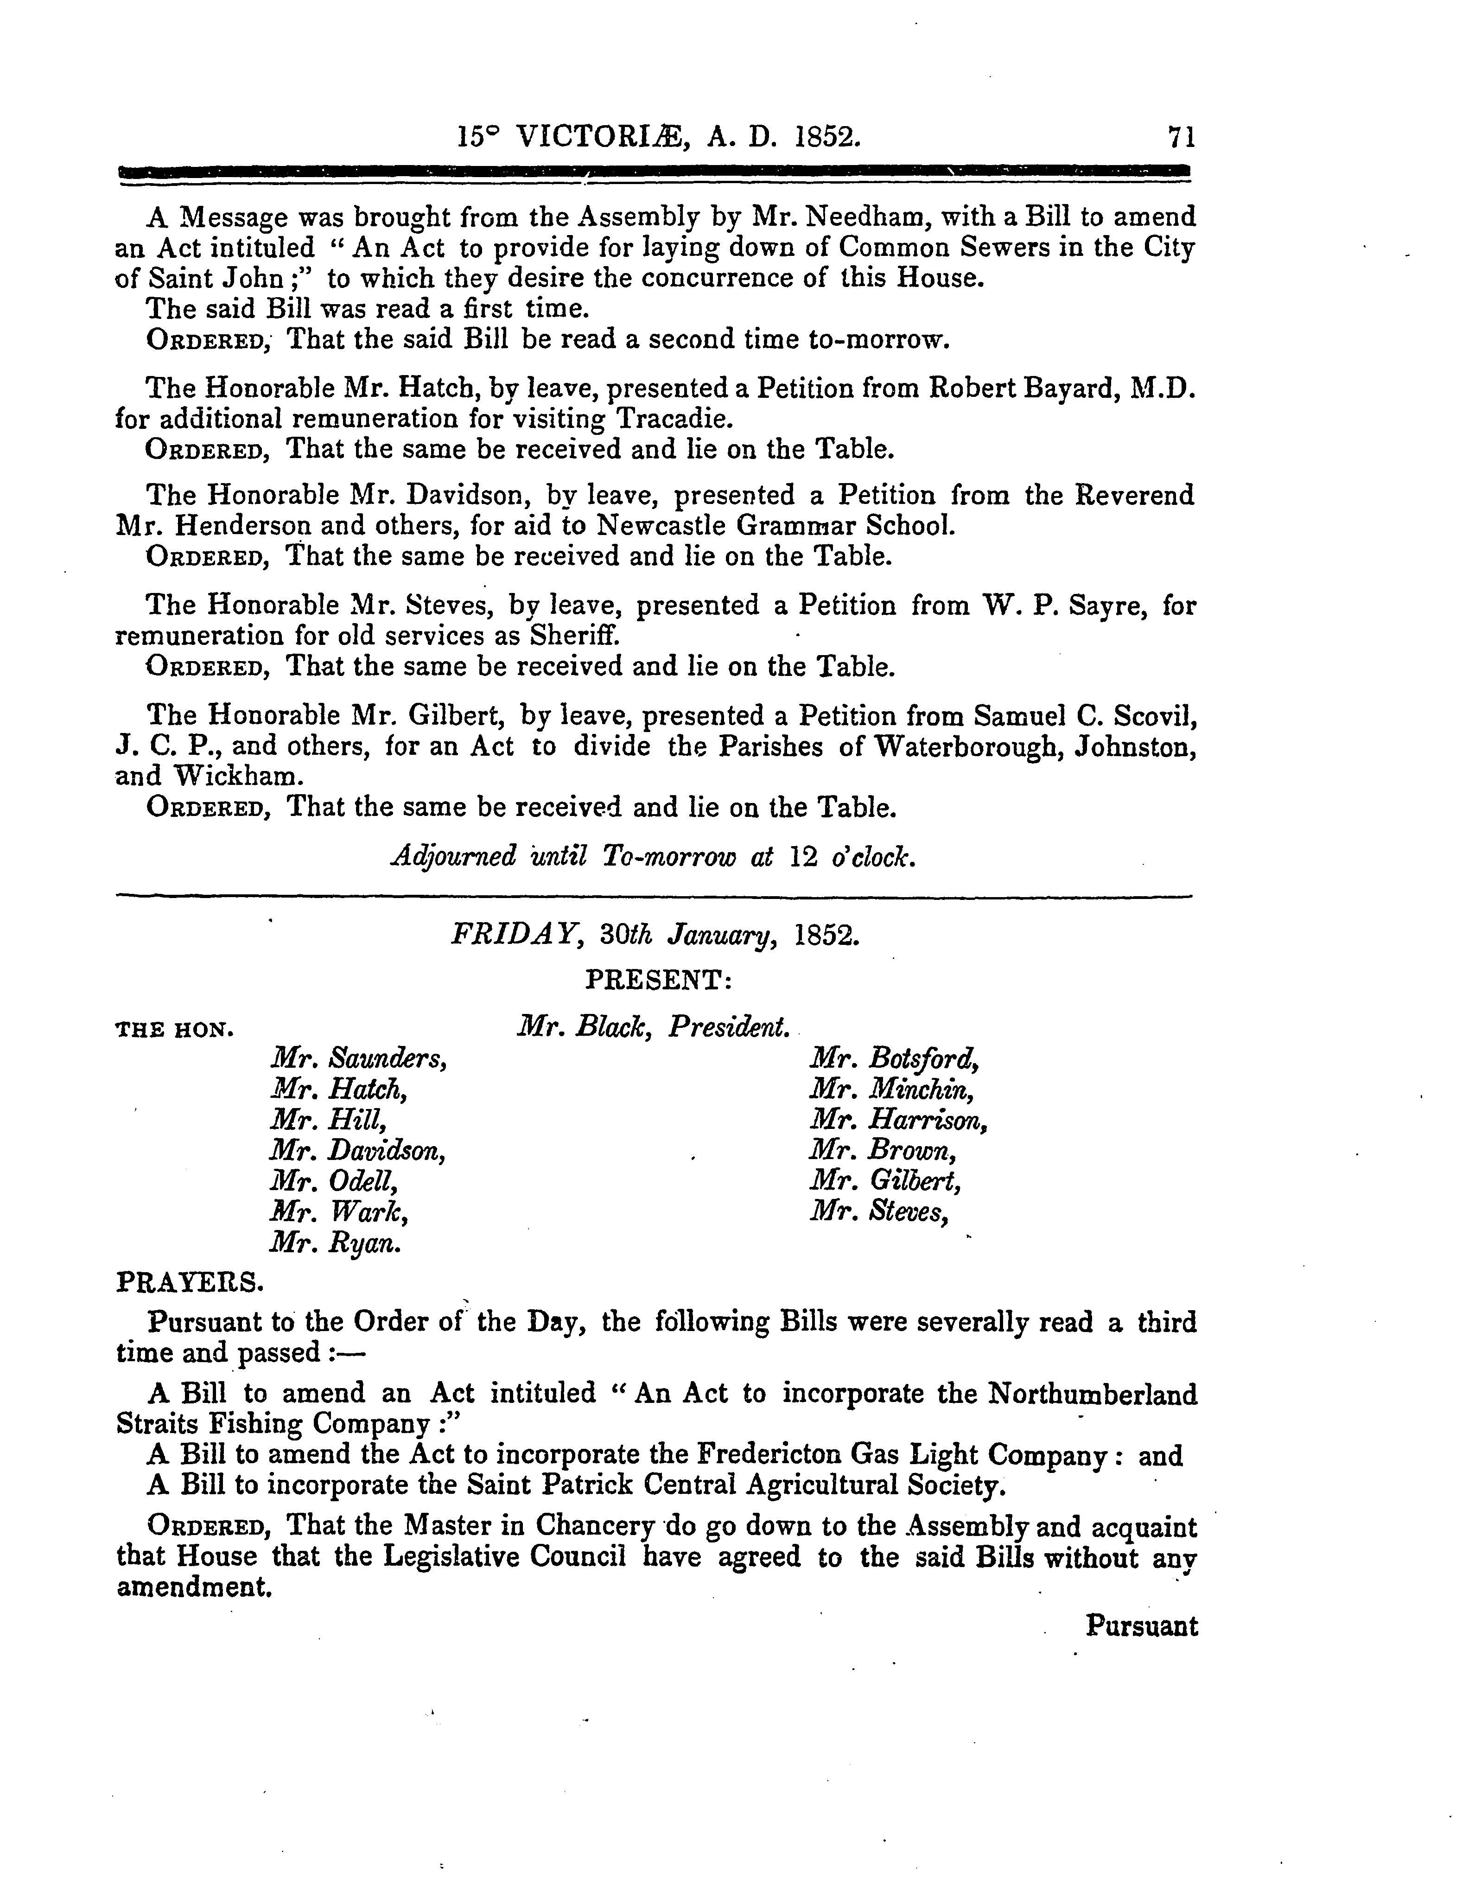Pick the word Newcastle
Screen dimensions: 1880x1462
662,525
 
